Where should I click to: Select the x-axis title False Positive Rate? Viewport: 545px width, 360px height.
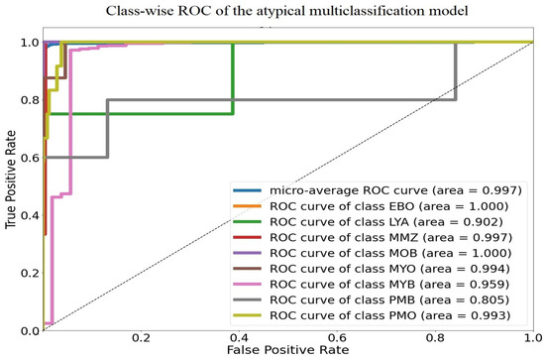coord(287,351)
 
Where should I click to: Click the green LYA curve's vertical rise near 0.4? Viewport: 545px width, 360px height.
coord(233,79)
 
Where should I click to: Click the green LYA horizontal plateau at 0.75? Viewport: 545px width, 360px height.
coord(139,114)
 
